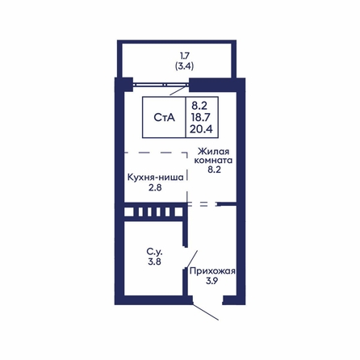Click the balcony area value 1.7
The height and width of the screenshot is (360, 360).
(x=185, y=56)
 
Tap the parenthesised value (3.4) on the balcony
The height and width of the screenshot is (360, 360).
(x=185, y=66)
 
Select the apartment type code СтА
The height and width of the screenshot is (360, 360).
(x=164, y=118)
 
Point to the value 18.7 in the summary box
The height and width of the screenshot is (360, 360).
(x=201, y=118)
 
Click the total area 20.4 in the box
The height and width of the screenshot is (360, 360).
(x=201, y=129)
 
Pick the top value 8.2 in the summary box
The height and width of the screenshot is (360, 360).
(x=199, y=106)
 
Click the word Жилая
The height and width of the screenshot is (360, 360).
(x=214, y=152)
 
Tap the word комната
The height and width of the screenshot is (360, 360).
(x=213, y=161)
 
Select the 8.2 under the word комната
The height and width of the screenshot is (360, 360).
(x=214, y=170)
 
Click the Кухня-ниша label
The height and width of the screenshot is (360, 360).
(x=156, y=178)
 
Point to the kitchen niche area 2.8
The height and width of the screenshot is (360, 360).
(x=155, y=187)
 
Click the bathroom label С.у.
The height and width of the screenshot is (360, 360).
(x=155, y=252)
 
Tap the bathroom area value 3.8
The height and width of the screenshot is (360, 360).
(x=155, y=262)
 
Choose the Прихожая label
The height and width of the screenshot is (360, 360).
(x=212, y=271)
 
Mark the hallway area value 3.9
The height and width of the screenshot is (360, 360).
(x=212, y=281)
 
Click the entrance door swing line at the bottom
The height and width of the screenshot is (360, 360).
(x=205, y=312)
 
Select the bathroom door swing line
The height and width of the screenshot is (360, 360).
(x=192, y=259)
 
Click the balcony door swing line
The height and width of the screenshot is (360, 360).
(x=178, y=90)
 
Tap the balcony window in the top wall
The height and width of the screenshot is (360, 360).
(x=161, y=85)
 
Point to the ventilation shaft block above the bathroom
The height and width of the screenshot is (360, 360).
(x=153, y=211)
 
